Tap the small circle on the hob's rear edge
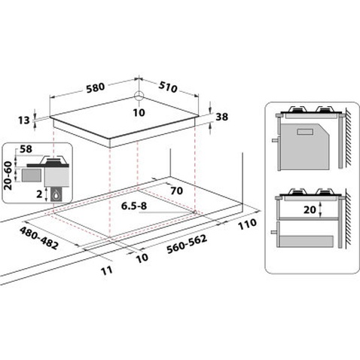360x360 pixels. [x=139, y=96]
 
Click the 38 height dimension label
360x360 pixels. [x=221, y=117]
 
